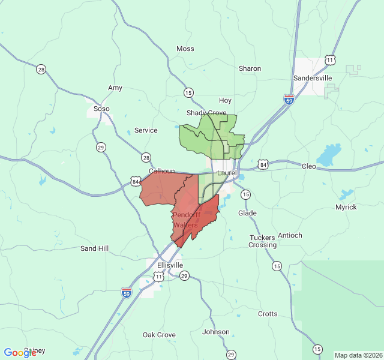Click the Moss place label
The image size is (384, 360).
[x=185, y=49]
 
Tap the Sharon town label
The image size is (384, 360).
[x=250, y=68]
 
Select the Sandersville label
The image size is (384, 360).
[x=312, y=78]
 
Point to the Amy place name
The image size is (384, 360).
[x=115, y=88]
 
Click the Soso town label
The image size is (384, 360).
[x=102, y=109]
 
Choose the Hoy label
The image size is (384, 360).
[x=226, y=100]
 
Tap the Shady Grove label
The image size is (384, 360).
[x=206, y=113]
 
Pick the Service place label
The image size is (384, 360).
[x=146, y=130]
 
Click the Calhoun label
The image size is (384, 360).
[x=162, y=171]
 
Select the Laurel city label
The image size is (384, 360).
[x=227, y=173]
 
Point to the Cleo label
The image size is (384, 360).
[x=308, y=166]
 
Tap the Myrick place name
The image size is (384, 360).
[x=346, y=207]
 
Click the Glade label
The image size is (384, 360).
[x=247, y=213]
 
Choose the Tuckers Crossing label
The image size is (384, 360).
[x=263, y=241]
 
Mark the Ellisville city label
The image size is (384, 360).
[x=170, y=265]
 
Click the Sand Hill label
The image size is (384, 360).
[x=95, y=248]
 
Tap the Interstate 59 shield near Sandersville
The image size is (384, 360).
[x=289, y=100]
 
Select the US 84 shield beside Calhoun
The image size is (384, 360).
[x=136, y=181]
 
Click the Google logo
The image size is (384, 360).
[x=20, y=353]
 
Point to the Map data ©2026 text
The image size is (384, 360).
[x=358, y=355]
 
